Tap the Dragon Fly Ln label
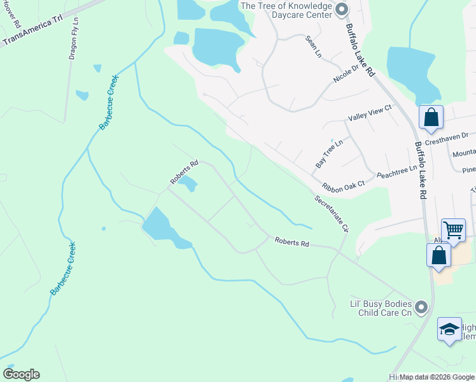click(74, 38)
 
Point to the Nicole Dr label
click(347, 73)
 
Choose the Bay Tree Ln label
click(329, 153)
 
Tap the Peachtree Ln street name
click(396, 172)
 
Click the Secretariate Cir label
click(332, 213)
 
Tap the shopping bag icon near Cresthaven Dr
click(431, 117)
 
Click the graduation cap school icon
click(449, 329)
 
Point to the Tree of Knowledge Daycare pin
click(342, 8)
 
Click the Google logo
click(21, 374)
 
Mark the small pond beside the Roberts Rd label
click(187, 185)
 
